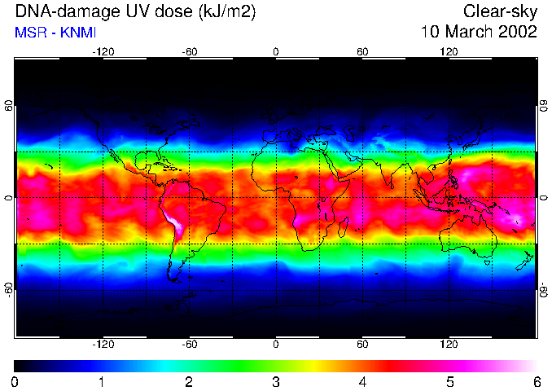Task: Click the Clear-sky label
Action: (x=500, y=11)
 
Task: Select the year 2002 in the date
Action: (x=517, y=32)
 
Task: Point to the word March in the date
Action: (x=467, y=32)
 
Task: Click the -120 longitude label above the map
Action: (x=103, y=51)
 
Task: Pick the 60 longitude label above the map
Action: (x=362, y=51)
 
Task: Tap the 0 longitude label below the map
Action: (x=276, y=345)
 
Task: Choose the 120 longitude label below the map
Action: (x=449, y=345)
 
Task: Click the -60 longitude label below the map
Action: (x=190, y=345)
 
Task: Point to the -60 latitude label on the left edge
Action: (x=9, y=289)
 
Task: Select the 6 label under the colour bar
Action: (x=537, y=381)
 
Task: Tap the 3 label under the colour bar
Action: (x=276, y=381)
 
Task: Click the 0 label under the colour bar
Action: (x=15, y=381)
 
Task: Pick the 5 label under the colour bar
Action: (x=449, y=381)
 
